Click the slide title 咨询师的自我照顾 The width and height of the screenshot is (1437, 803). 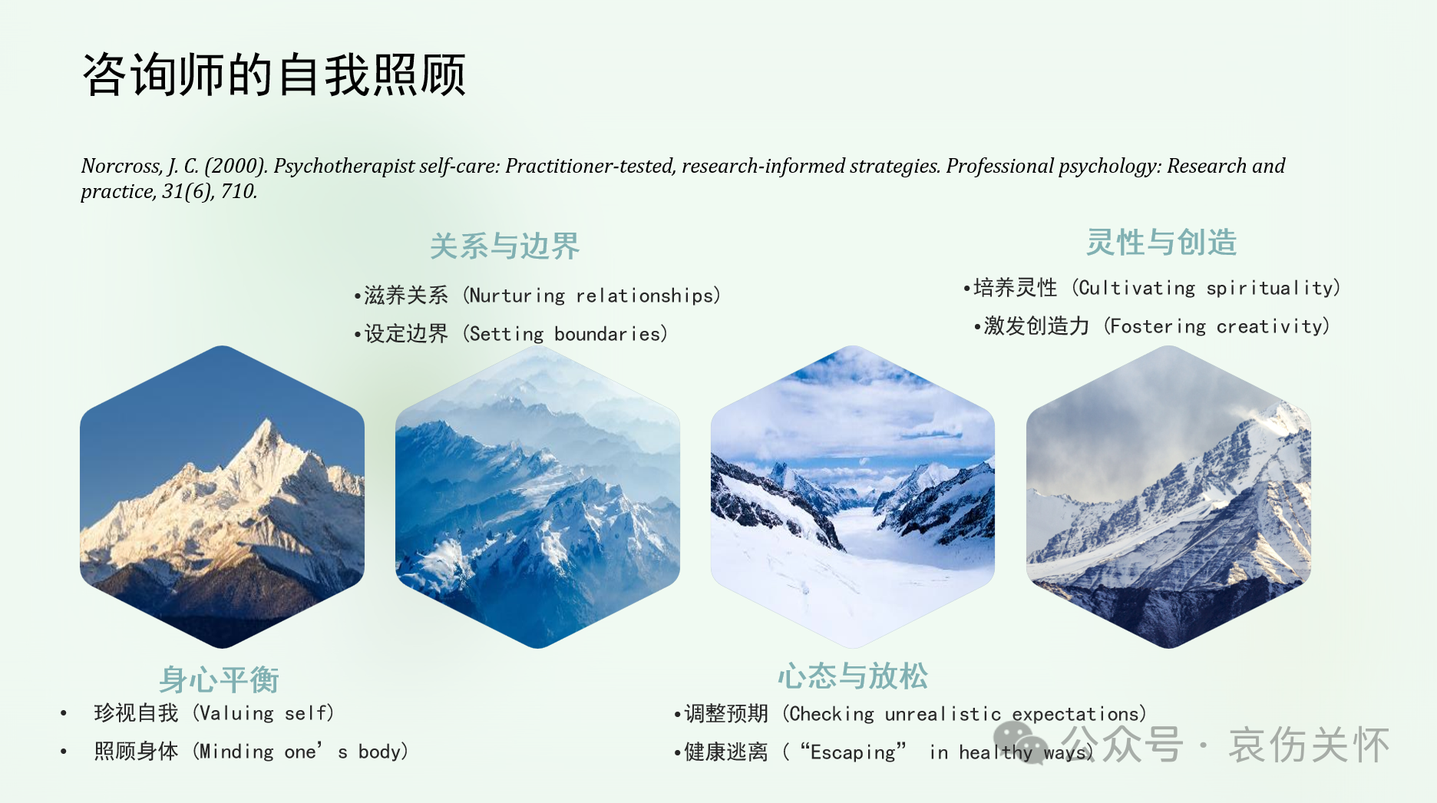pyautogui.click(x=274, y=75)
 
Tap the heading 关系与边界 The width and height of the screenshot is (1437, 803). pyautogui.click(x=504, y=246)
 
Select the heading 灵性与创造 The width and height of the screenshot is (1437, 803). pyautogui.click(x=1161, y=243)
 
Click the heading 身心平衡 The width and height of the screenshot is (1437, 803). pyautogui.click(x=219, y=679)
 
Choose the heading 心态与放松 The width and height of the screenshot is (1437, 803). pyautogui.click(x=853, y=676)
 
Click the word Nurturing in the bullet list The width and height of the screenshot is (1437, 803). pyautogui.click(x=517, y=296)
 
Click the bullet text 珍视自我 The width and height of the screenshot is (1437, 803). pyautogui.click(x=136, y=713)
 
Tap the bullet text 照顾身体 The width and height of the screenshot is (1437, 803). pyautogui.click(x=136, y=752)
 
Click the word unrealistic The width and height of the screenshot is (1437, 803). pyautogui.click(x=943, y=714)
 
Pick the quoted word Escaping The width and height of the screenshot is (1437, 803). pyautogui.click(x=853, y=752)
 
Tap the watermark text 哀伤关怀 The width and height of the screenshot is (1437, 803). pyautogui.click(x=1308, y=745)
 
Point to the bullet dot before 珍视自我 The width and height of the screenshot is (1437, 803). pyautogui.click(x=64, y=714)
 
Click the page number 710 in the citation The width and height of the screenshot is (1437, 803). pyautogui.click(x=238, y=191)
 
